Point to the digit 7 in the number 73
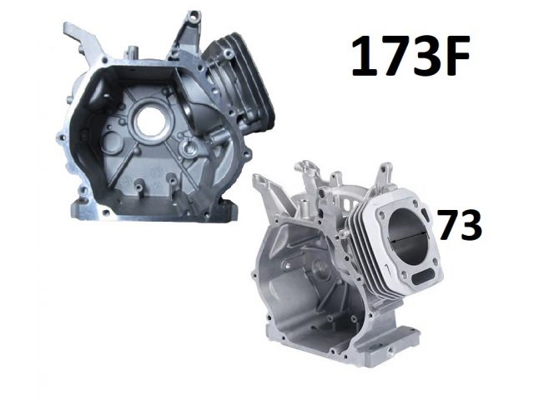pos(447,224)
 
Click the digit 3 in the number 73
pos(470,224)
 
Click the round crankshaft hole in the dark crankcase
pos(150,120)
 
